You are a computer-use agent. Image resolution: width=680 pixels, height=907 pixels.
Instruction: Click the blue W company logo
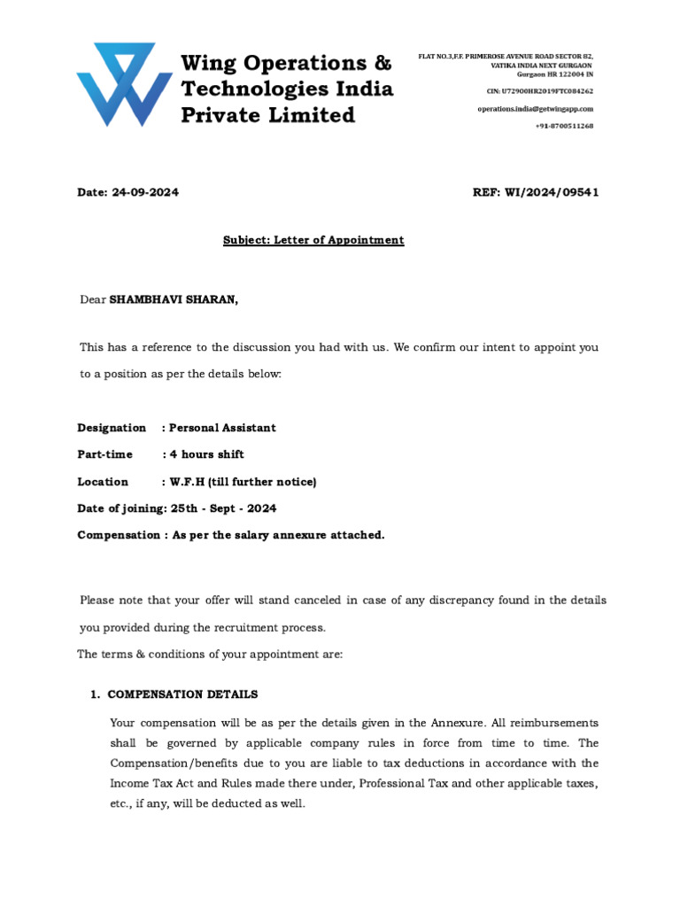pyautogui.click(x=124, y=84)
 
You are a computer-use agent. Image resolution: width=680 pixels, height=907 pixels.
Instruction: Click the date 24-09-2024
pyautogui.click(x=145, y=193)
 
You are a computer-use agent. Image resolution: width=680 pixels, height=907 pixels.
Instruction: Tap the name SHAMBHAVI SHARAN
pyautogui.click(x=174, y=300)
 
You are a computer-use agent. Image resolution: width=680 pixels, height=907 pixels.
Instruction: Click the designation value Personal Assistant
pyautogui.click(x=222, y=428)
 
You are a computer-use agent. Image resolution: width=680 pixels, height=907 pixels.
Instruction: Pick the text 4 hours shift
pyautogui.click(x=206, y=454)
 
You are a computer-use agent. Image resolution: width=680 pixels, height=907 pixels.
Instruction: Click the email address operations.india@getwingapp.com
pyautogui.click(x=535, y=108)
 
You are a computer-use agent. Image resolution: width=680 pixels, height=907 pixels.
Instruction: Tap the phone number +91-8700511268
pyautogui.click(x=564, y=126)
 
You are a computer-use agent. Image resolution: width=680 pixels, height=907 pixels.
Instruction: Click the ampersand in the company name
pyautogui.click(x=382, y=64)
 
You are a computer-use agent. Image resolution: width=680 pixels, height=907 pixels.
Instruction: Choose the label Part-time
pyautogui.click(x=104, y=454)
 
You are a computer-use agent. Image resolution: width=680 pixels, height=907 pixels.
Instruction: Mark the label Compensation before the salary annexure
pyautogui.click(x=114, y=535)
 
